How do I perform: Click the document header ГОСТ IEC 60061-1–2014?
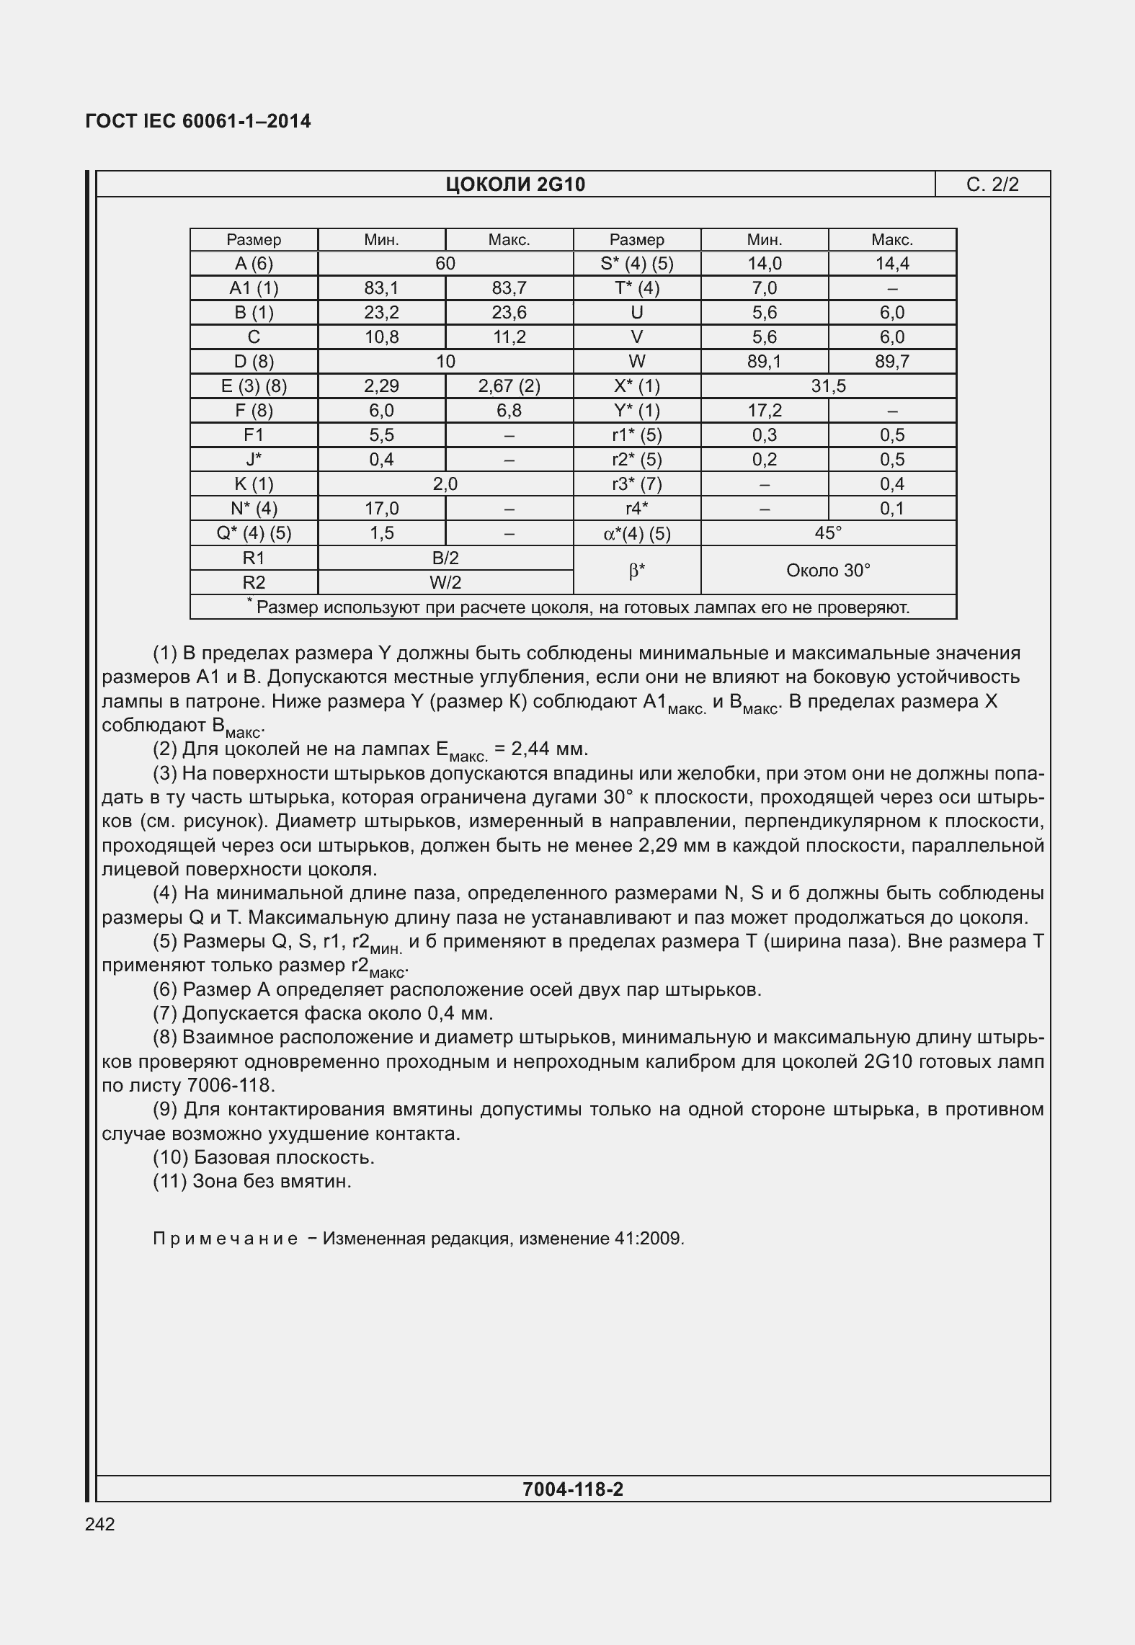pyautogui.click(x=198, y=121)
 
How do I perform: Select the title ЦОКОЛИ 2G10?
pyautogui.click(x=515, y=185)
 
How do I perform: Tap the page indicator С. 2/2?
pyautogui.click(x=992, y=185)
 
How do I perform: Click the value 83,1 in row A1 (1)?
pyautogui.click(x=381, y=288)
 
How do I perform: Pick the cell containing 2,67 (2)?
pyautogui.click(x=509, y=386)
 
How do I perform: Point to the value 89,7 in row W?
pyautogui.click(x=891, y=362)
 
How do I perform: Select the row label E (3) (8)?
pyautogui.click(x=254, y=386)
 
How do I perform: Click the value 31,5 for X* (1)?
pyautogui.click(x=828, y=386)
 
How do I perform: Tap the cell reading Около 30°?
pyautogui.click(x=828, y=571)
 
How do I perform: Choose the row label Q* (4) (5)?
pyautogui.click(x=254, y=533)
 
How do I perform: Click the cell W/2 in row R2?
pyautogui.click(x=445, y=582)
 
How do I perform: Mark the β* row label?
pyautogui.click(x=636, y=571)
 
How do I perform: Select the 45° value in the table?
pyautogui.click(x=828, y=533)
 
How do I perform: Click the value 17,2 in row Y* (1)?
pyautogui.click(x=765, y=411)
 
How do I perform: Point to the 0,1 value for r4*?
pyautogui.click(x=891, y=509)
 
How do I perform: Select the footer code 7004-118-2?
pyautogui.click(x=572, y=1489)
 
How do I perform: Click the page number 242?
pyautogui.click(x=99, y=1524)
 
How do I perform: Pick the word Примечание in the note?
pyautogui.click(x=226, y=1239)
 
